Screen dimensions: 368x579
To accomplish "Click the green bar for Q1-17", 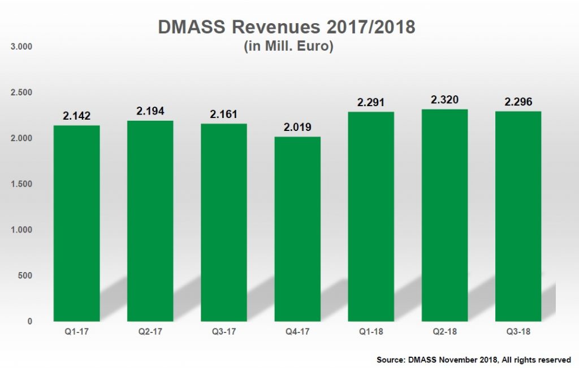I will [x=76, y=223].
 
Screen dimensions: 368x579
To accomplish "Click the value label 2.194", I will [x=150, y=111].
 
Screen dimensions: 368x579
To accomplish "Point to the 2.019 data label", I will [x=297, y=127].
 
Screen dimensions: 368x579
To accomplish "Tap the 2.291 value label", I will [x=370, y=103].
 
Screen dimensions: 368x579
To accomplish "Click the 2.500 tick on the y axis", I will [x=22, y=92].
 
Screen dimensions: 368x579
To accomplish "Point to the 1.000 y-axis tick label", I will [x=22, y=230].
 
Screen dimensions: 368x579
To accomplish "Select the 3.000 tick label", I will [x=22, y=46].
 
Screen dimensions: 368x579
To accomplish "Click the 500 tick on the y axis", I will [x=25, y=275].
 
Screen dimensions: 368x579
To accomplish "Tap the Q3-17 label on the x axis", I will [x=223, y=331].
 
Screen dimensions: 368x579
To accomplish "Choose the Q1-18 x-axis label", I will [x=370, y=331].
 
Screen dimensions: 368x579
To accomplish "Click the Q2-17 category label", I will [x=150, y=331].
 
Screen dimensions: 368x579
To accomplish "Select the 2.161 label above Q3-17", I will [x=223, y=114].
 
